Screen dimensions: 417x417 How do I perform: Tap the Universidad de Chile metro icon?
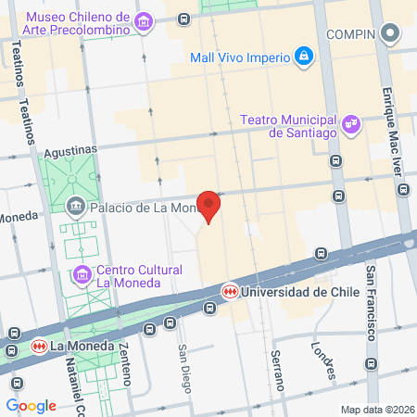tap(228, 291)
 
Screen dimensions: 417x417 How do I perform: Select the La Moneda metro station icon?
tap(38, 347)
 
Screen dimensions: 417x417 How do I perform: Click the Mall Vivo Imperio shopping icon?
tap(303, 57)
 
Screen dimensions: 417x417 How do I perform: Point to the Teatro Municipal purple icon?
tap(350, 122)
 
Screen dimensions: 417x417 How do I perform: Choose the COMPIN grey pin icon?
tap(391, 35)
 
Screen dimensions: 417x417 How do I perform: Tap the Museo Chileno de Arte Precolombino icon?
tap(143, 21)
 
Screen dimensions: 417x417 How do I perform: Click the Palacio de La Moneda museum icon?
tap(76, 207)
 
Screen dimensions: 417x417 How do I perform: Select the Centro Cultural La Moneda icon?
tap(82, 275)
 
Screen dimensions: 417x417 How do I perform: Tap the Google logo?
tap(31, 405)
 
